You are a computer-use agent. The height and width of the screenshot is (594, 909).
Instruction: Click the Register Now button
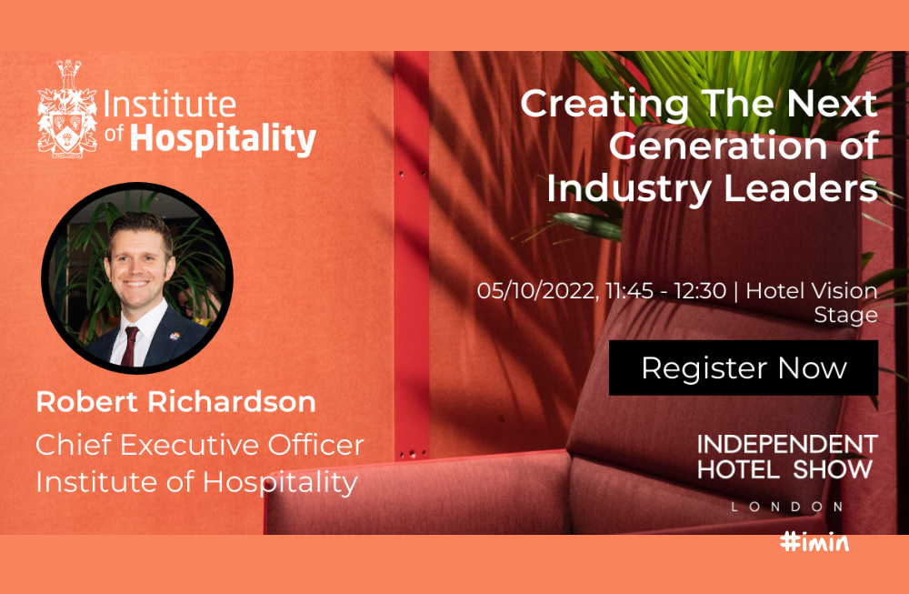pyautogui.click(x=744, y=367)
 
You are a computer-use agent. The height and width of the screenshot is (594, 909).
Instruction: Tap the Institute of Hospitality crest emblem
pyautogui.click(x=68, y=109)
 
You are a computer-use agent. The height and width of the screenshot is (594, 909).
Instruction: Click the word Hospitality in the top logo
pyautogui.click(x=223, y=138)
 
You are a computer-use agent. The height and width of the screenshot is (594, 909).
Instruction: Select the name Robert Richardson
pyautogui.click(x=175, y=401)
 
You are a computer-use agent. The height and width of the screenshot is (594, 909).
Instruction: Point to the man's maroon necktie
pyautogui.click(x=130, y=346)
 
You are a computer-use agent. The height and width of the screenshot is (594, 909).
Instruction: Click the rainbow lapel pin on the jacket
pyautogui.click(x=174, y=336)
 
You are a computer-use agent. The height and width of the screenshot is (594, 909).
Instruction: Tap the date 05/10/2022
pyautogui.click(x=536, y=290)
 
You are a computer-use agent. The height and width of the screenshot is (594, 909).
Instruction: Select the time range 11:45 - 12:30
pyautogui.click(x=665, y=290)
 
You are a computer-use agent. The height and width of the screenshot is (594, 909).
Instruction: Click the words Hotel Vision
pyautogui.click(x=812, y=290)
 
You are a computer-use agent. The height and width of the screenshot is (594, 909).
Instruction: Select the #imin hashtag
pyautogui.click(x=814, y=542)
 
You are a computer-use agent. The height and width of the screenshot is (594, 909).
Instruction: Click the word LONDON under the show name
pyautogui.click(x=787, y=507)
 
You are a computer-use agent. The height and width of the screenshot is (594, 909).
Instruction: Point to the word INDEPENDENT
pyautogui.click(x=787, y=444)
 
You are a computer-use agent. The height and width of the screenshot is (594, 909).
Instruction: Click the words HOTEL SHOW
pyautogui.click(x=785, y=469)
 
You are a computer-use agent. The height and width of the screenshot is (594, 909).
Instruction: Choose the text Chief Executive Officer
pyautogui.click(x=200, y=445)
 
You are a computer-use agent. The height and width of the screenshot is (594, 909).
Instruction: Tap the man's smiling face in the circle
pyautogui.click(x=137, y=262)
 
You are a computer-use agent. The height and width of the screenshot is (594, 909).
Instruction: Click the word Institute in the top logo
pyautogui.click(x=169, y=105)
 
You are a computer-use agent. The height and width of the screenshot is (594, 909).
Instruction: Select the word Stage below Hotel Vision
pyautogui.click(x=845, y=316)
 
